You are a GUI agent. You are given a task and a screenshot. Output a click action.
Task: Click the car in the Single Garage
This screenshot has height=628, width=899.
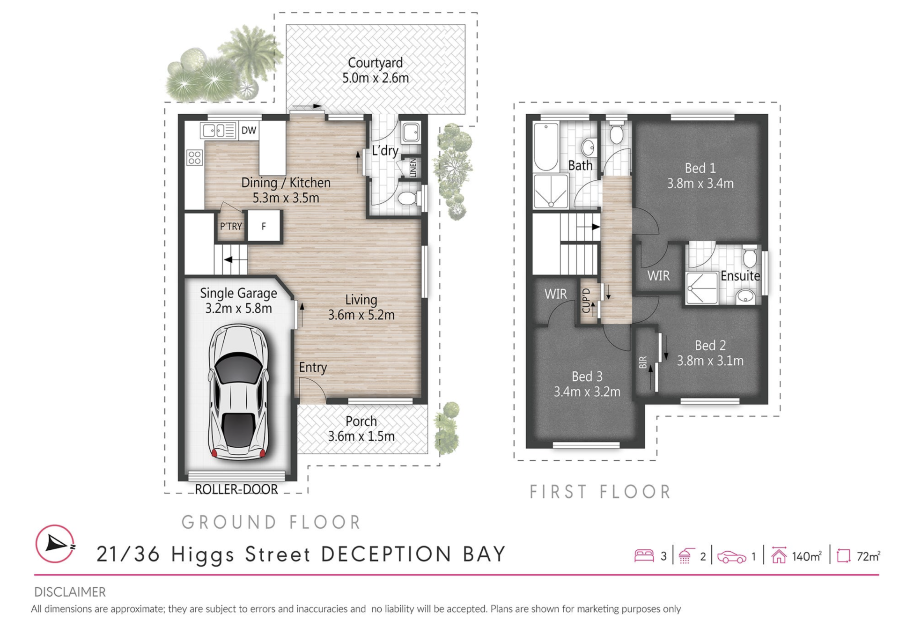238,392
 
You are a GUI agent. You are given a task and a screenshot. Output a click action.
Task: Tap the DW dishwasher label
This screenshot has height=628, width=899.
249,130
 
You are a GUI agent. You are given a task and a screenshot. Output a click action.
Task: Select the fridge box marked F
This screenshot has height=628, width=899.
264,226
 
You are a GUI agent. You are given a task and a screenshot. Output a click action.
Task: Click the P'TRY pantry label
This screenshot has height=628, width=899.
231,226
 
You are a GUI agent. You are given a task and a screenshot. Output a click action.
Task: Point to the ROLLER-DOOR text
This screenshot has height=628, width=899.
236,489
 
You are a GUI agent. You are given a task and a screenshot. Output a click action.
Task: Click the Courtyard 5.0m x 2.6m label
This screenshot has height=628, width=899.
376,70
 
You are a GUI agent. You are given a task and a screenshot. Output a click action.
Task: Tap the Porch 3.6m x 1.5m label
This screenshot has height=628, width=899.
361,429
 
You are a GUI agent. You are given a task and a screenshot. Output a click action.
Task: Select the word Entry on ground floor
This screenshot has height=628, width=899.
313,367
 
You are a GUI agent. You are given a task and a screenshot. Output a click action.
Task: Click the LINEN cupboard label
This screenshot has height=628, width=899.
413,168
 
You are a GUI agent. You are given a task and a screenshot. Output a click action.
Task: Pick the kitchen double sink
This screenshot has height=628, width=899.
218,130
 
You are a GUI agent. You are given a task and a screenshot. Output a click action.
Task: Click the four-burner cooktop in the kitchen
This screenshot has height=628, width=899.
194,158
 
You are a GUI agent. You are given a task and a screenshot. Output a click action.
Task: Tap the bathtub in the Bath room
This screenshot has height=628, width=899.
546,147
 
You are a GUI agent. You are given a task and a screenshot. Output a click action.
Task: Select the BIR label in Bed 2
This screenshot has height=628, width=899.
643,362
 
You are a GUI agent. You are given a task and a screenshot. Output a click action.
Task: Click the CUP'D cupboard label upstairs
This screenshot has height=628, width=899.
586,301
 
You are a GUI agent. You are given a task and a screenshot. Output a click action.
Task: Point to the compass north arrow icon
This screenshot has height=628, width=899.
55,544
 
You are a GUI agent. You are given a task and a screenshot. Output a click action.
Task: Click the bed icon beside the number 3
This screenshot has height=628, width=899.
644,555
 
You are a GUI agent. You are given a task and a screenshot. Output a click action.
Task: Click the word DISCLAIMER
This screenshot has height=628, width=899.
70,592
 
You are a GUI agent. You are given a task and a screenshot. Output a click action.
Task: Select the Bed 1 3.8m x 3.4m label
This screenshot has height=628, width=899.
700,176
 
